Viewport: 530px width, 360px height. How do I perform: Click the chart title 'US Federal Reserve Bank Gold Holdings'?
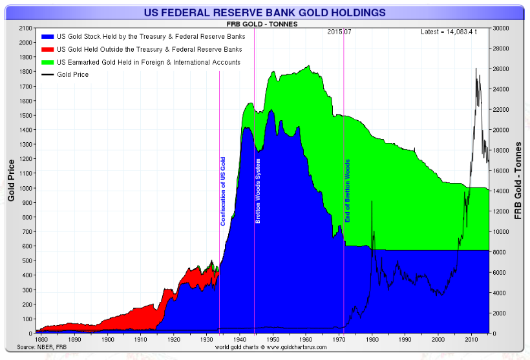[x=266, y=12]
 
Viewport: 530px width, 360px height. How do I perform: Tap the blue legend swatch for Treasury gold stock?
[x=47, y=37]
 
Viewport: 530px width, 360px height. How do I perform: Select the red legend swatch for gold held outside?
[x=47, y=49]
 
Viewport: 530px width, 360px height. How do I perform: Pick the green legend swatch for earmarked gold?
[x=47, y=62]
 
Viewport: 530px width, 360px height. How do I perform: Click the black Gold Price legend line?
[x=47, y=75]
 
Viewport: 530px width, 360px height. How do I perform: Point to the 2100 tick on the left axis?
[x=25, y=28]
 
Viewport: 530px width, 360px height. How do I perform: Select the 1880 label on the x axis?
[x=41, y=339]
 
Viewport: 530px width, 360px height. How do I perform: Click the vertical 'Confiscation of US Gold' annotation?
[x=224, y=191]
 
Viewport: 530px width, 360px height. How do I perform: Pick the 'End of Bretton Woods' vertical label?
[x=347, y=191]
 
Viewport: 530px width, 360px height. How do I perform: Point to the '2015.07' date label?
[x=339, y=31]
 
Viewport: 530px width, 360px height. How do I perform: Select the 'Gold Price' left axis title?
[x=11, y=181]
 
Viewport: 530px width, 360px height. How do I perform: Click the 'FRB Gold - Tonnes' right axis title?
[x=518, y=181]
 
